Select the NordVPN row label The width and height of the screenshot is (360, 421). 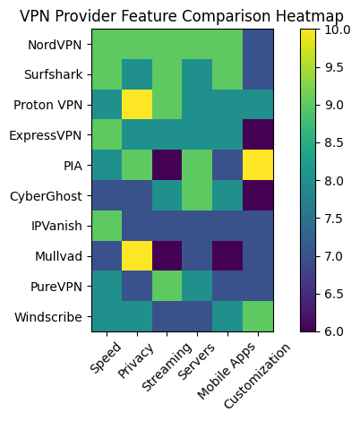[55, 43]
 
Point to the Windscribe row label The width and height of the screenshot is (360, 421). [51, 317]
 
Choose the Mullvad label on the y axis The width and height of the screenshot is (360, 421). [59, 256]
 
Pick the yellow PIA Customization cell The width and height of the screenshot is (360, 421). [257, 165]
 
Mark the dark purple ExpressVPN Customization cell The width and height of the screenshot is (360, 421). [257, 134]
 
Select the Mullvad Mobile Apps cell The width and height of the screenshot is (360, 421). [227, 256]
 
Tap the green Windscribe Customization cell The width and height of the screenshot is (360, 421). [257, 317]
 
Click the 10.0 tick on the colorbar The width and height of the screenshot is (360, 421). [338, 29]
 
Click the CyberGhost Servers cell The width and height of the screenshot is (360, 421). [196, 195]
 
